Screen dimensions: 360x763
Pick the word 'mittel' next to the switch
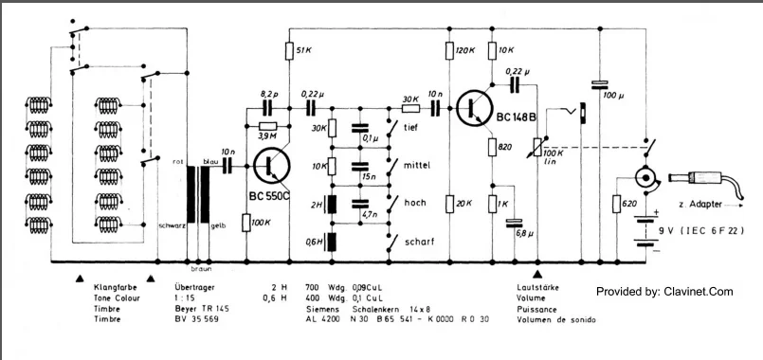coord(418,165)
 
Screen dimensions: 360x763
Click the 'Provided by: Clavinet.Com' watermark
coord(664,293)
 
